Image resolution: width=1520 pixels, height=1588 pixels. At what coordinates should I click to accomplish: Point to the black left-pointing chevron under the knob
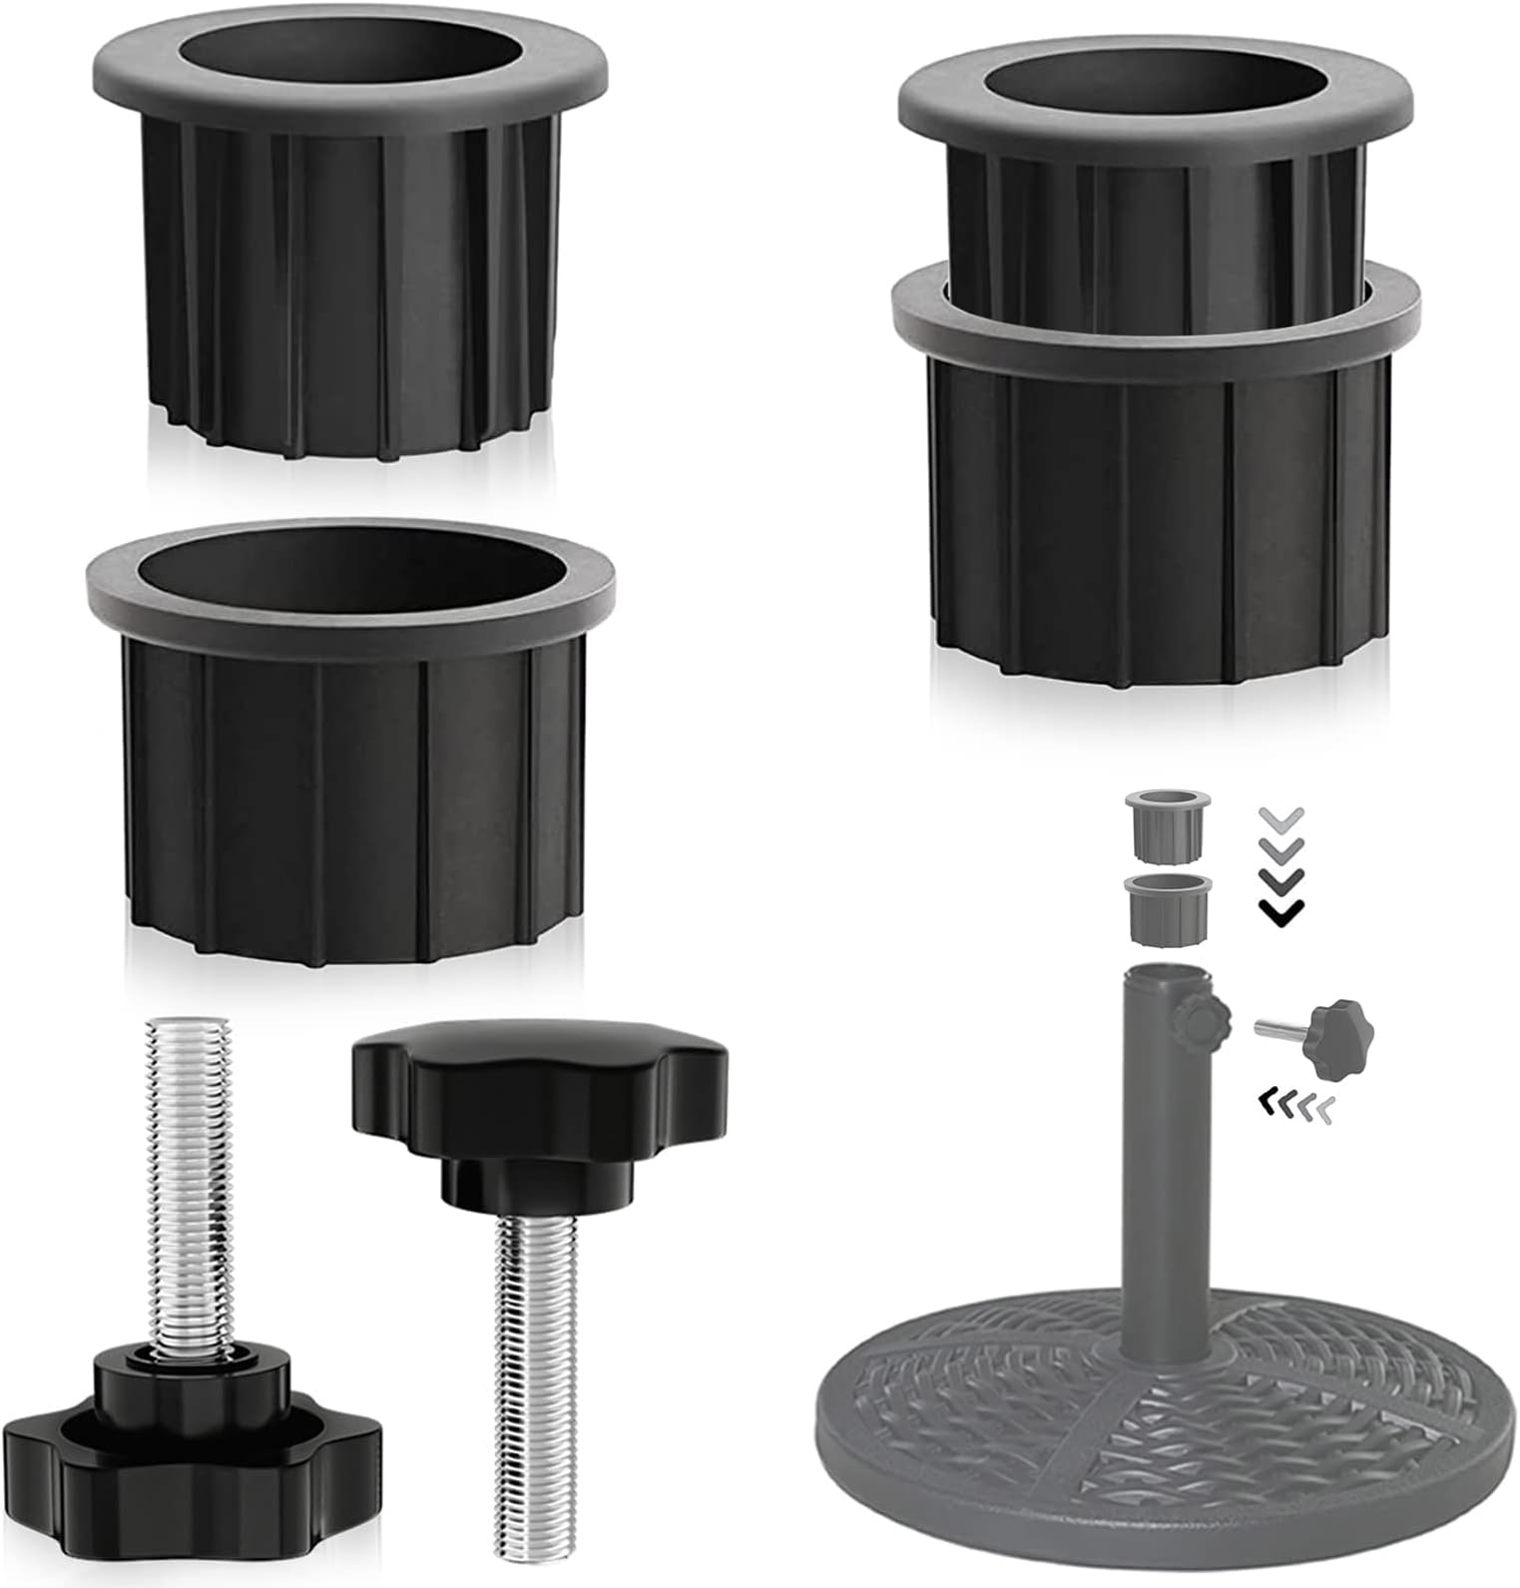(x=1267, y=1102)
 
